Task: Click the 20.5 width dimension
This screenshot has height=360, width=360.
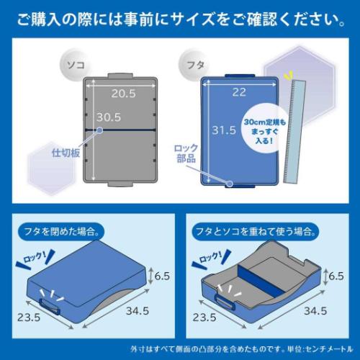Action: click(123, 94)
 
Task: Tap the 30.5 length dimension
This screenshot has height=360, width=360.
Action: click(109, 117)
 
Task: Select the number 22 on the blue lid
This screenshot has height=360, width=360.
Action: click(239, 92)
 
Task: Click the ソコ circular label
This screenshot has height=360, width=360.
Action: click(76, 65)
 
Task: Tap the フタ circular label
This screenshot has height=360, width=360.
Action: click(195, 65)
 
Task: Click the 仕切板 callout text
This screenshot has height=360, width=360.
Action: click(66, 153)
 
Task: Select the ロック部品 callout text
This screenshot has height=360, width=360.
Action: click(186, 153)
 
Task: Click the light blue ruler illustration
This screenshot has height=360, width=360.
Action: click(294, 132)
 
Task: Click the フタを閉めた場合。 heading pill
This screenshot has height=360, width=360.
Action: click(61, 232)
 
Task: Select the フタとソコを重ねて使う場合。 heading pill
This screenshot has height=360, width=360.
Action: click(255, 232)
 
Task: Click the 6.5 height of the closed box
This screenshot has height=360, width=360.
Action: click(162, 276)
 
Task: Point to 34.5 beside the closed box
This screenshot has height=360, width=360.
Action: click(138, 311)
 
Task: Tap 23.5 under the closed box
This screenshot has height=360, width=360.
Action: click(29, 318)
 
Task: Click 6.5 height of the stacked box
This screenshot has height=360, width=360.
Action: click(336, 276)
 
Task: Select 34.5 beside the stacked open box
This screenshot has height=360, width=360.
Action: click(315, 311)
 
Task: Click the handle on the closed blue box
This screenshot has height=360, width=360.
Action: click(50, 307)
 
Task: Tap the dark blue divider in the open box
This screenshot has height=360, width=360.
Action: click(261, 280)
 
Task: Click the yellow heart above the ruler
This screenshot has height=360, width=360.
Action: click(288, 76)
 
